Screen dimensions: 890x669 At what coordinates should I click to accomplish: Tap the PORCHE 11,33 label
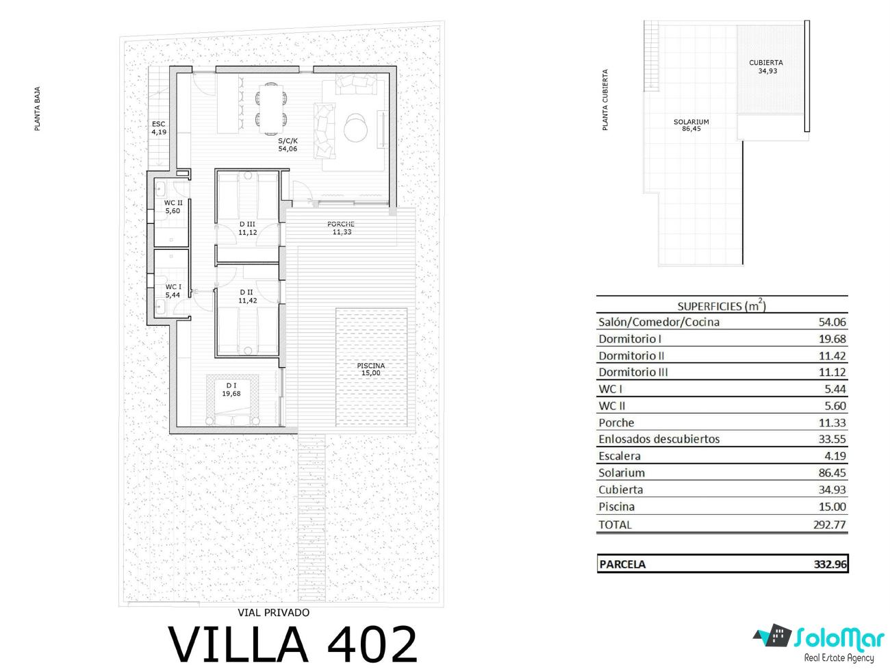point(341,228)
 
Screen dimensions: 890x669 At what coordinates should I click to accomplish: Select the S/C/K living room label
point(288,144)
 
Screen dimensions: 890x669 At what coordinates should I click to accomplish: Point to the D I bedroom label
point(231,389)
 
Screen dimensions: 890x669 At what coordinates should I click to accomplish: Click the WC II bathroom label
point(173,206)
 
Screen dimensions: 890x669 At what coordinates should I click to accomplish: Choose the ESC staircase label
point(159,128)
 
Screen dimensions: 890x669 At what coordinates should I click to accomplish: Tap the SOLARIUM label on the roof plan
point(691,125)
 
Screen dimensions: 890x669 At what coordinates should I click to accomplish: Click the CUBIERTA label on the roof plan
point(766,66)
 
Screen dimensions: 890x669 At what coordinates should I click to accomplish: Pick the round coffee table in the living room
point(355,127)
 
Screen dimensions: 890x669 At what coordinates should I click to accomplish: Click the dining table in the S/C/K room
point(271,108)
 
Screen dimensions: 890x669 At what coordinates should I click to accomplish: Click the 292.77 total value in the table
point(830,525)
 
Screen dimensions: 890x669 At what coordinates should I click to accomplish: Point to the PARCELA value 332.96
point(830,564)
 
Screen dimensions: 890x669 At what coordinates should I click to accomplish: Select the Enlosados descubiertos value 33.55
point(832,439)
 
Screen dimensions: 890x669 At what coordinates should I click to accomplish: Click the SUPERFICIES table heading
point(722,305)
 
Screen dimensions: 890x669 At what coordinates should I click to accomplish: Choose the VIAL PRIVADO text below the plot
point(274,613)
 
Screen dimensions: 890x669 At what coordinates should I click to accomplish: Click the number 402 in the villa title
point(372,644)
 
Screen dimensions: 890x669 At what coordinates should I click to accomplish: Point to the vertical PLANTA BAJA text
point(37,109)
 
